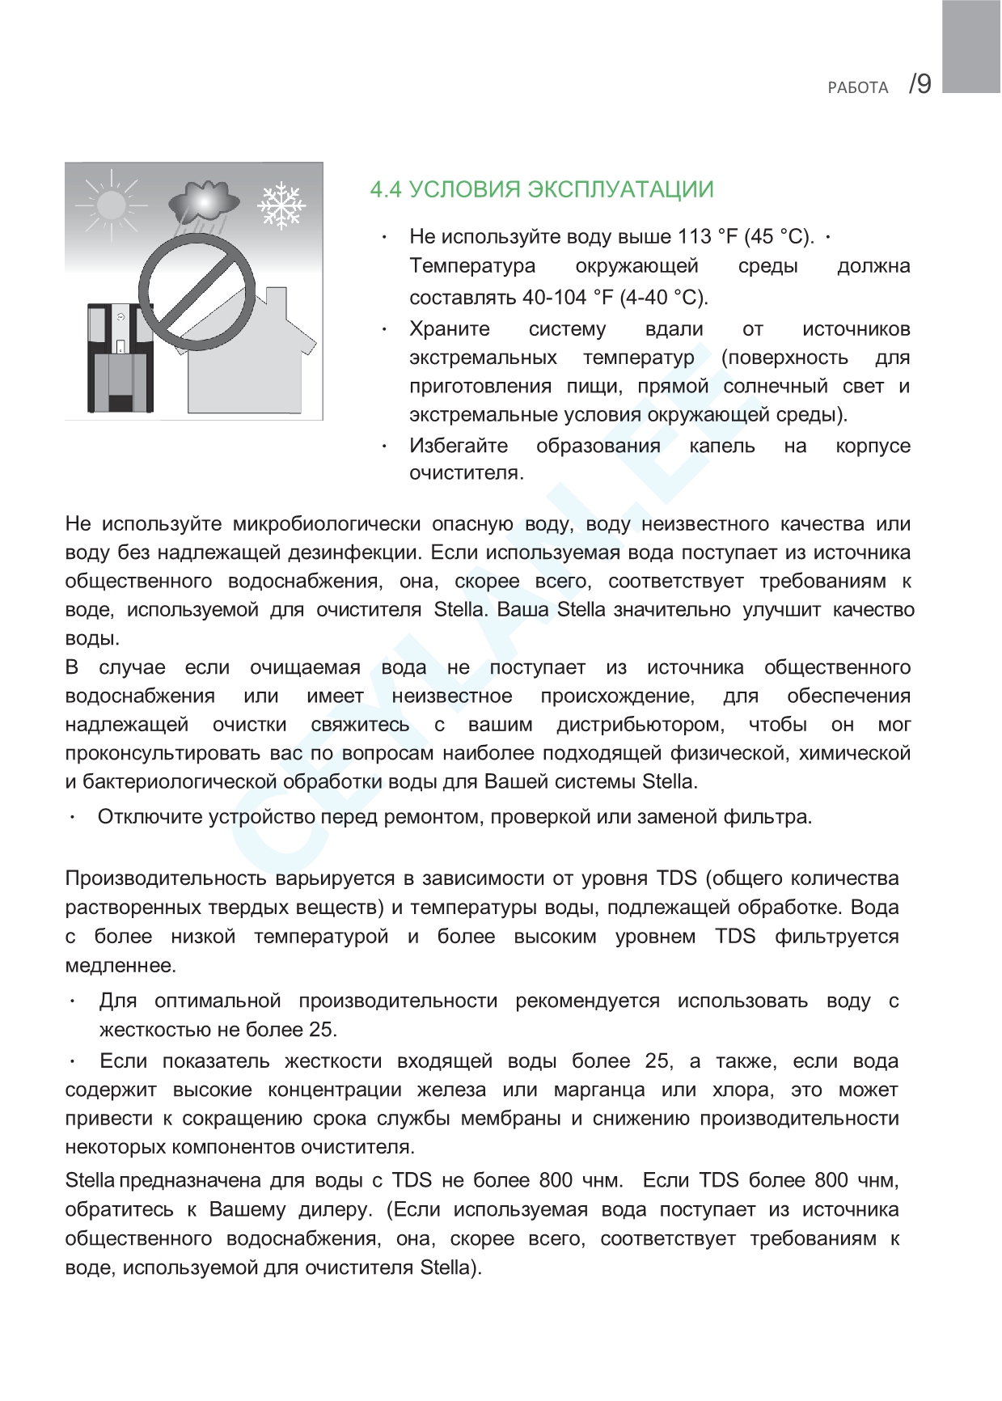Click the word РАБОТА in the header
click(x=858, y=87)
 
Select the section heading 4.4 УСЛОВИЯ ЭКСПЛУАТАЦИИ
click(x=542, y=189)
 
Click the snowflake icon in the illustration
click(x=281, y=205)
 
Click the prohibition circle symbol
click(x=197, y=293)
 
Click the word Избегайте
click(x=459, y=446)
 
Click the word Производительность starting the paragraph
click(x=165, y=878)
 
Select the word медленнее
click(x=120, y=966)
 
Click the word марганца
click(x=598, y=1090)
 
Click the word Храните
click(x=450, y=329)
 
